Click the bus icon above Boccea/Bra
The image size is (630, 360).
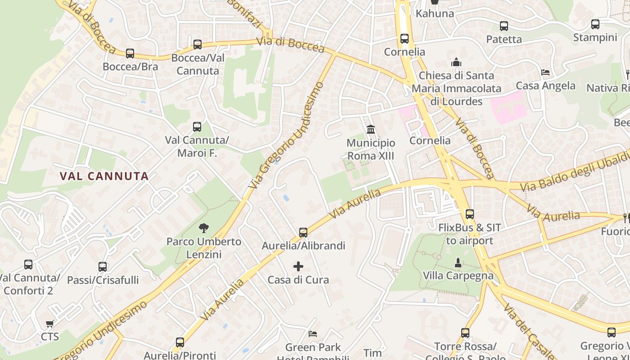click(130, 54)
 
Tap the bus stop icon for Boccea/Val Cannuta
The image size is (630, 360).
click(197, 45)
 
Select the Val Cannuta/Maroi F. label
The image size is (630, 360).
click(197, 146)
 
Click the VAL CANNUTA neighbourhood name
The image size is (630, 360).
click(104, 176)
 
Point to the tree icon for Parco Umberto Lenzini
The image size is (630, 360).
click(204, 228)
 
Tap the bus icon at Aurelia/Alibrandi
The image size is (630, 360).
click(303, 233)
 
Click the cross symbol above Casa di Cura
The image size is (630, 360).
click(298, 266)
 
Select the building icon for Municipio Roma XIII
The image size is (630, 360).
click(371, 130)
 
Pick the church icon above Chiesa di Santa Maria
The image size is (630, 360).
click(456, 62)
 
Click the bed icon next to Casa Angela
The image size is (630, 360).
click(545, 72)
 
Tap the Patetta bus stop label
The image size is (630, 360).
click(504, 39)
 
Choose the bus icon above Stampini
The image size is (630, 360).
click(595, 24)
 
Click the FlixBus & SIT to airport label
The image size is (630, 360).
click(469, 234)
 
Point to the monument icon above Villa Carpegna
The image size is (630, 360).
click(458, 262)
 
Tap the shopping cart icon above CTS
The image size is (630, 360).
click(50, 324)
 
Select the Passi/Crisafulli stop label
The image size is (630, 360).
click(103, 280)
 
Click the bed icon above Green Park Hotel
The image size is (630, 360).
click(313, 334)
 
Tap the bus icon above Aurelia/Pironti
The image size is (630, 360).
click(180, 342)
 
